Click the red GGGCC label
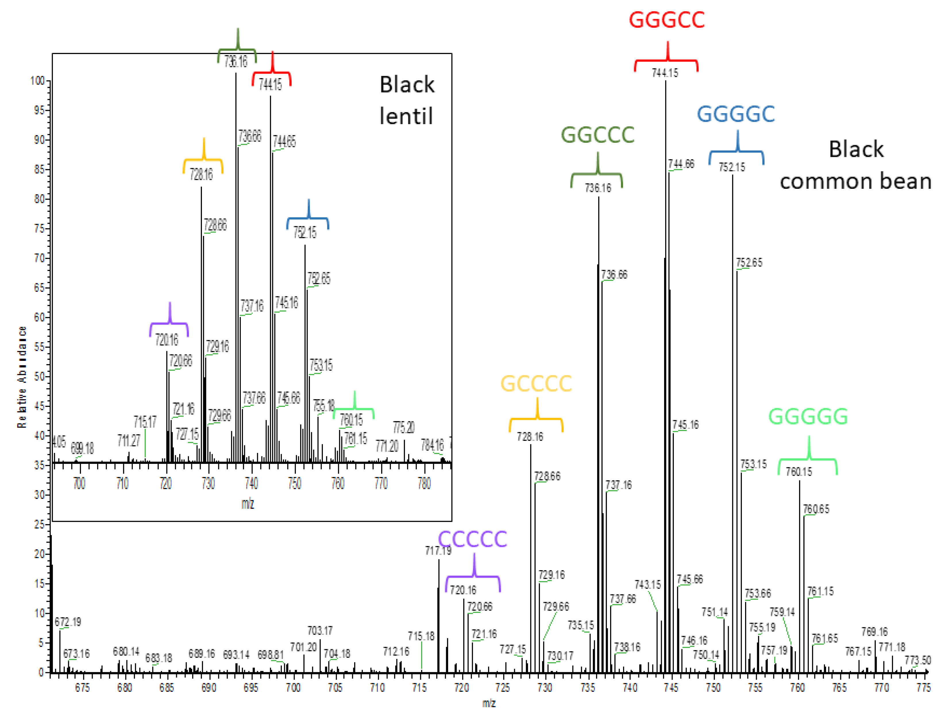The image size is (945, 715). (666, 20)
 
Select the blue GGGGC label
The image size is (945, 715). (736, 115)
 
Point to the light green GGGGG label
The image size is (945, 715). (808, 417)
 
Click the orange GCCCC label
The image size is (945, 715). (536, 384)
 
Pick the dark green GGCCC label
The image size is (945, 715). (597, 135)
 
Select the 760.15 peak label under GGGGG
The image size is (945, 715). (799, 472)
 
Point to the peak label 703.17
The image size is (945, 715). (320, 631)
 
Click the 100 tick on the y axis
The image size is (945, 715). (38, 81)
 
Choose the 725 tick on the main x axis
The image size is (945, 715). (503, 688)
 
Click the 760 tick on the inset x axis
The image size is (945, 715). (338, 484)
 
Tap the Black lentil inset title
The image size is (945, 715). (407, 100)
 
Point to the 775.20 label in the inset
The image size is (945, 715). (404, 427)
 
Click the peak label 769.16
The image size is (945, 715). (874, 632)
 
